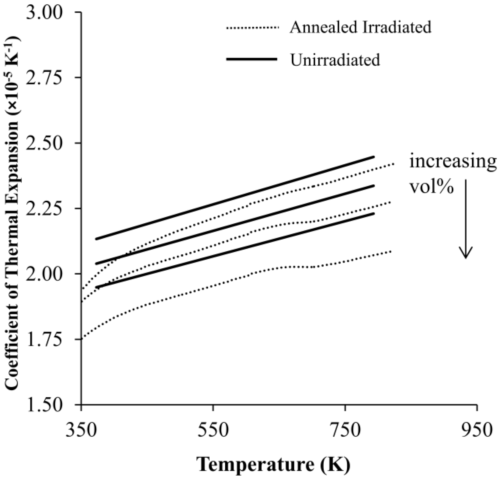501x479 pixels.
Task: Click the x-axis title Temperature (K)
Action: point(273,464)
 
